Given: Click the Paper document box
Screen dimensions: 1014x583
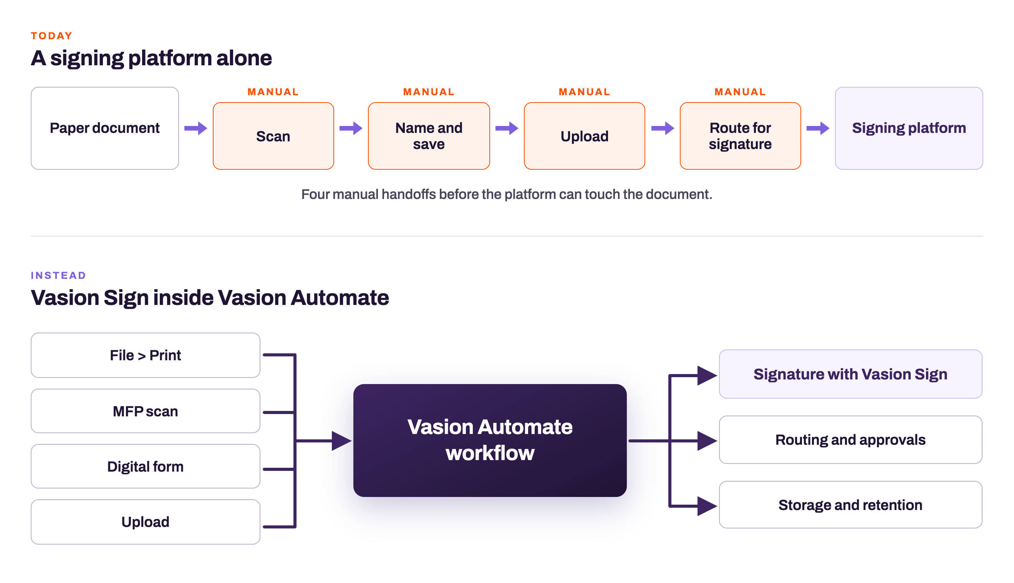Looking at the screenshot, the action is click(x=104, y=128).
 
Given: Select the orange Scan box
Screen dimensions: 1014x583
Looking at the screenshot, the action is click(x=273, y=136).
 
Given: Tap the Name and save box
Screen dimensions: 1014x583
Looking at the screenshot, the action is click(x=429, y=136).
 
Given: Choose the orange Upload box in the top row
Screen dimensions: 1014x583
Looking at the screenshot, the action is click(x=585, y=136).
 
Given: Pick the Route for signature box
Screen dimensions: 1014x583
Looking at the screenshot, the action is click(x=740, y=136).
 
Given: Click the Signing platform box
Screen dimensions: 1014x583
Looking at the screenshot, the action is click(x=909, y=128).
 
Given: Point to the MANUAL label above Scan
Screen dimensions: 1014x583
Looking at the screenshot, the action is click(x=273, y=92).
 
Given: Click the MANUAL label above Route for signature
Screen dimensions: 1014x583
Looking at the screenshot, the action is click(x=740, y=92).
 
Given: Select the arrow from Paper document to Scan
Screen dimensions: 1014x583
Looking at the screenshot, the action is click(x=196, y=128).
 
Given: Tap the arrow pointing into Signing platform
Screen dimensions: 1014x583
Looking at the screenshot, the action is click(x=818, y=128).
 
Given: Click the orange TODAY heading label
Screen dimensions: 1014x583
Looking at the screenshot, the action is click(x=51, y=36).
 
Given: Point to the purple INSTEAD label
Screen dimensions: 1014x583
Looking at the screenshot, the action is click(x=58, y=275).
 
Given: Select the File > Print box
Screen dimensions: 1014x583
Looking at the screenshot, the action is click(x=145, y=355).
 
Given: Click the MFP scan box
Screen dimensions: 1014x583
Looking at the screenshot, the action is click(x=145, y=411).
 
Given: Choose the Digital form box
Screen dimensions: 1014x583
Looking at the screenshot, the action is click(x=145, y=466).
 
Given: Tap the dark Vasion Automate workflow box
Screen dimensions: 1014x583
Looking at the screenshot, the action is click(x=490, y=441).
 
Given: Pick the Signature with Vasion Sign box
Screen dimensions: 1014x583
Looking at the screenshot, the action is click(x=850, y=374).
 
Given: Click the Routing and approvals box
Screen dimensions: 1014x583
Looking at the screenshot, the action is click(x=850, y=440).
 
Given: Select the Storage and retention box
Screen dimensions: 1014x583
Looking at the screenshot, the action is click(x=850, y=505).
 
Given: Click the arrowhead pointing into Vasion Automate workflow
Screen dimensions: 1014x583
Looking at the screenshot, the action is click(x=341, y=441).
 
